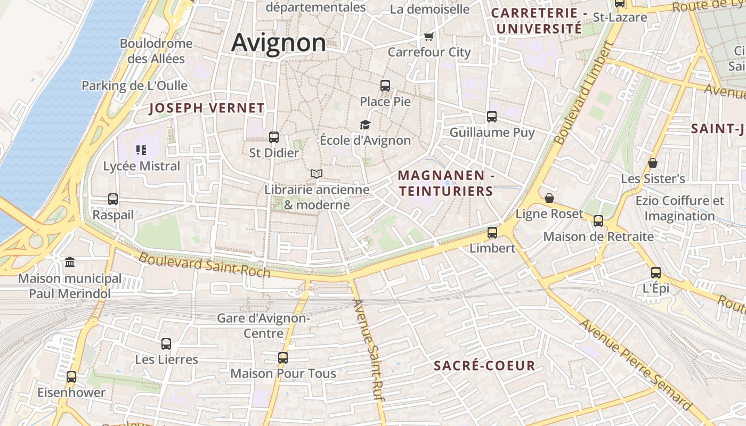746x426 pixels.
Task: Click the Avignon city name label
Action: (x=278, y=43)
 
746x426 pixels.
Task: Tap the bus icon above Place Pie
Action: (x=385, y=85)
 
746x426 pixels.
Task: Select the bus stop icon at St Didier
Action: (x=274, y=137)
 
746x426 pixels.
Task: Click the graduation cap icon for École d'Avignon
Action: (x=365, y=125)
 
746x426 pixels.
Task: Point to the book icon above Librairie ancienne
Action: (x=317, y=174)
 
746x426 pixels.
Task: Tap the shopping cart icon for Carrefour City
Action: (x=428, y=36)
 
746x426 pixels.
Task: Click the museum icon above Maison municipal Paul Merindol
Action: (x=70, y=262)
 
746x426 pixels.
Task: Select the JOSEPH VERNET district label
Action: (x=207, y=108)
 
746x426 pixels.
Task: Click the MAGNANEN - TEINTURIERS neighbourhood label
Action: (x=445, y=183)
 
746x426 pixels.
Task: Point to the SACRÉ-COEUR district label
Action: (x=484, y=365)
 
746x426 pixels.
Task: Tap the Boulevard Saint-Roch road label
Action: (x=204, y=265)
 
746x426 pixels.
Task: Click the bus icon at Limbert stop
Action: (x=492, y=232)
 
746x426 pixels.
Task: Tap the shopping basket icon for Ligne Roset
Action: (x=549, y=198)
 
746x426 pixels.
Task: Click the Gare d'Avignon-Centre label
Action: (x=263, y=325)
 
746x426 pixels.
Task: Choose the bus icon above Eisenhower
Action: (x=71, y=377)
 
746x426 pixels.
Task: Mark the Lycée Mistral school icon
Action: (x=141, y=150)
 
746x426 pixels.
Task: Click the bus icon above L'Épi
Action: (x=656, y=273)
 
